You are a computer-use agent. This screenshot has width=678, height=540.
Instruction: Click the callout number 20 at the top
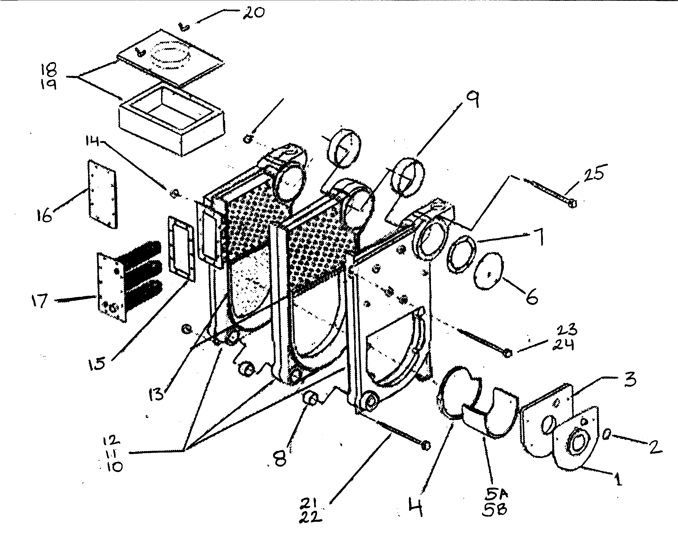tap(254, 13)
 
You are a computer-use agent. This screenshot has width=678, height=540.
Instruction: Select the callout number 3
tap(630, 379)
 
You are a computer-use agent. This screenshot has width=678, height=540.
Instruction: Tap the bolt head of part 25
tap(573, 204)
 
